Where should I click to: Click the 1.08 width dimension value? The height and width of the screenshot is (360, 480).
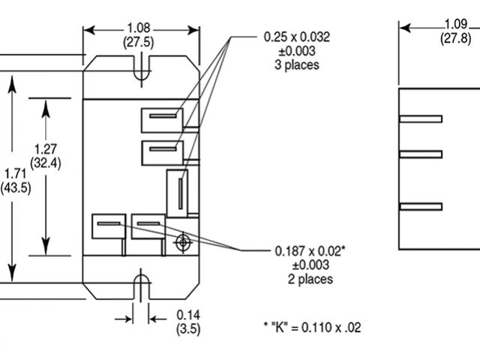(140, 28)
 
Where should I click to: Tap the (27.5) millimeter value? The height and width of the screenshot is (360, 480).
(140, 43)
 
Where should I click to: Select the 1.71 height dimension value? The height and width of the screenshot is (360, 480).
(15, 174)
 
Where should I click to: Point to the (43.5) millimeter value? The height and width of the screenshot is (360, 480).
(15, 187)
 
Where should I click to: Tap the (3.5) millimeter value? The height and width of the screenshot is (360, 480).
(187, 328)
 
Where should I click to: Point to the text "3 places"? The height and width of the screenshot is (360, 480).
(297, 64)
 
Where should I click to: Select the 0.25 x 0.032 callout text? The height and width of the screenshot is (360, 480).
(297, 36)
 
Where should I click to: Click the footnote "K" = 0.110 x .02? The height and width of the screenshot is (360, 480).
(312, 326)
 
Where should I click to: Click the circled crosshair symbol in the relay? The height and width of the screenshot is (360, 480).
(182, 242)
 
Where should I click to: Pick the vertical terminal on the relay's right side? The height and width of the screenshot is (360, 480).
(180, 193)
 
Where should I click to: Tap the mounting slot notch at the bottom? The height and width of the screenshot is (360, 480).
(140, 285)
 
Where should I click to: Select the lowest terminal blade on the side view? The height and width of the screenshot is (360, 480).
(421, 205)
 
